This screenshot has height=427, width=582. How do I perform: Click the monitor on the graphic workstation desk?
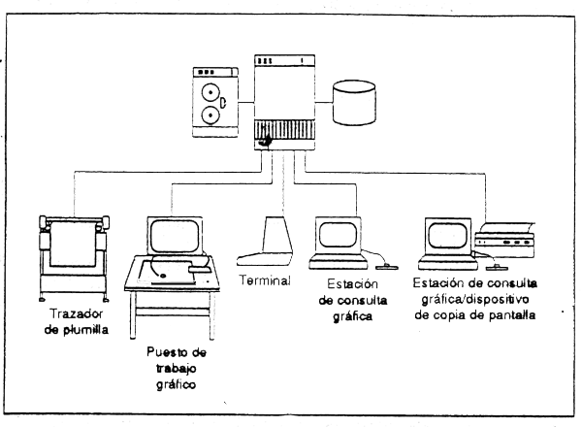(x=177, y=234)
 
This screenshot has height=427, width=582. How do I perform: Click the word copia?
(x=462, y=315)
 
